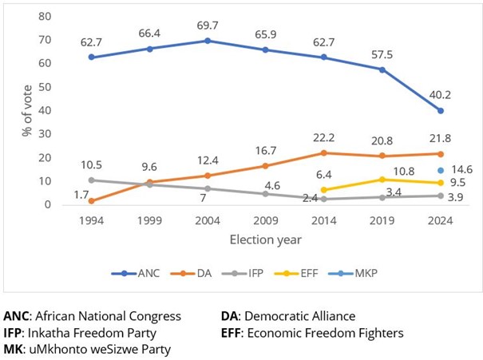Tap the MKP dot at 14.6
(440, 170)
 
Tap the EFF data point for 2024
(440, 183)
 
